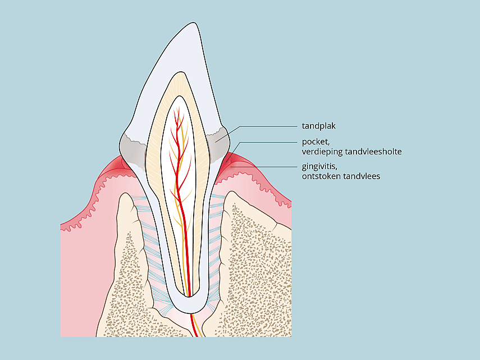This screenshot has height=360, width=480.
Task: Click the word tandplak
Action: [x=319, y=126]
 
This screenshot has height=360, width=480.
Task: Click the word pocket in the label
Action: [x=316, y=142]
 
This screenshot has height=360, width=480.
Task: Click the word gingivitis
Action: [x=319, y=167]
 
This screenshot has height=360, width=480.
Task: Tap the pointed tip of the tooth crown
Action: [x=193, y=22]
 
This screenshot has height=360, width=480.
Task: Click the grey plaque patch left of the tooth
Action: [x=132, y=149]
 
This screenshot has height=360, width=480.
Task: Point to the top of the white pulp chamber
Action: [x=180, y=97]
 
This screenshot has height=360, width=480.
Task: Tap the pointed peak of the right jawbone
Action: [x=232, y=192]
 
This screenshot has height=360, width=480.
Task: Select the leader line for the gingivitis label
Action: [x=263, y=167]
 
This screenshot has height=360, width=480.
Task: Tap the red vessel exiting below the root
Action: [x=195, y=325]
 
